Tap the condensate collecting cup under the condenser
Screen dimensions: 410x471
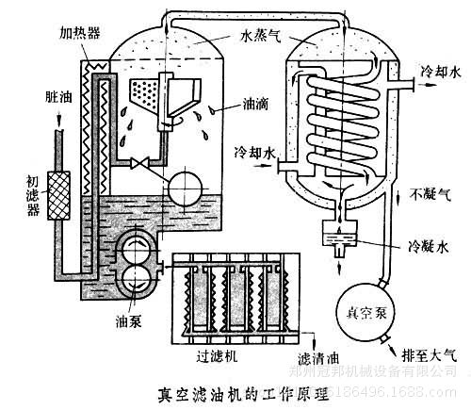click(x=334, y=232)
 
